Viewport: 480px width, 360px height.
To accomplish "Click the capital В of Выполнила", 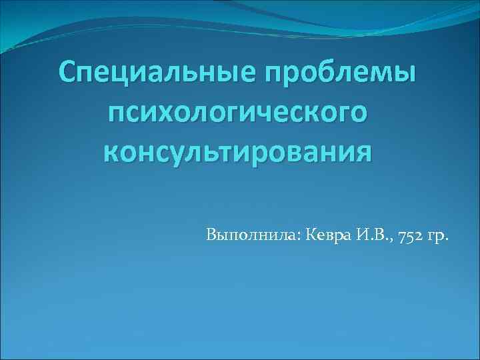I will point(211,236).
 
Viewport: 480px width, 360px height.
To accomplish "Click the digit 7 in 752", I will point(403,237).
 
